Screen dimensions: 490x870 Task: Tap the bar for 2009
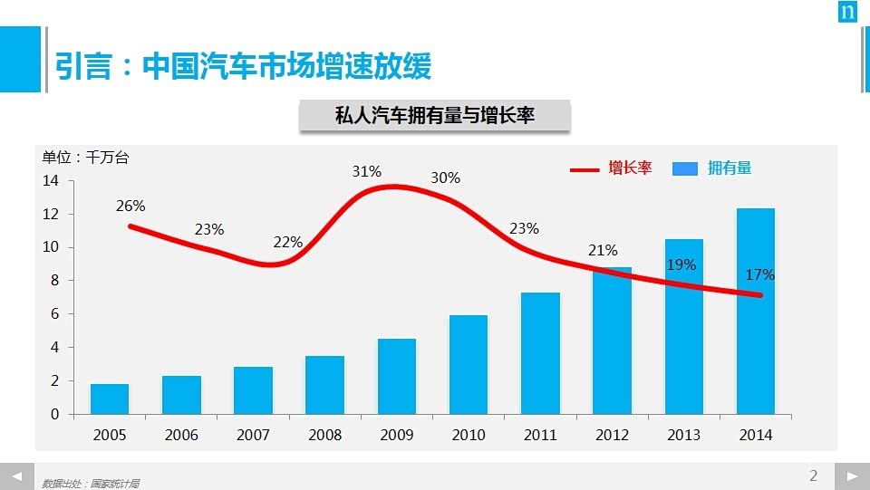click(396, 376)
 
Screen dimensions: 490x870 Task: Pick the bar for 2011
click(540, 353)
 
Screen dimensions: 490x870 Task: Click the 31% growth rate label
click(367, 171)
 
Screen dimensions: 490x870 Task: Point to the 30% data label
click(445, 178)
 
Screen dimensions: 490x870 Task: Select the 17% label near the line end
click(759, 274)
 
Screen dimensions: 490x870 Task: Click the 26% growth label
click(130, 207)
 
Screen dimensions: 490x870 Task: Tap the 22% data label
click(288, 243)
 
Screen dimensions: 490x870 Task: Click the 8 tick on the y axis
click(54, 281)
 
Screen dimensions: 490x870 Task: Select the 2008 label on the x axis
click(324, 435)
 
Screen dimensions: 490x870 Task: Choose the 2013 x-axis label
click(683, 435)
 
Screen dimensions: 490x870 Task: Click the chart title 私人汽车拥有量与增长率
click(434, 117)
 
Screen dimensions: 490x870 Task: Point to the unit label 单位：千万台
click(86, 158)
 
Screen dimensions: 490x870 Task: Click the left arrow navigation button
click(15, 476)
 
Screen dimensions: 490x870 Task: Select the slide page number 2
click(813, 476)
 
